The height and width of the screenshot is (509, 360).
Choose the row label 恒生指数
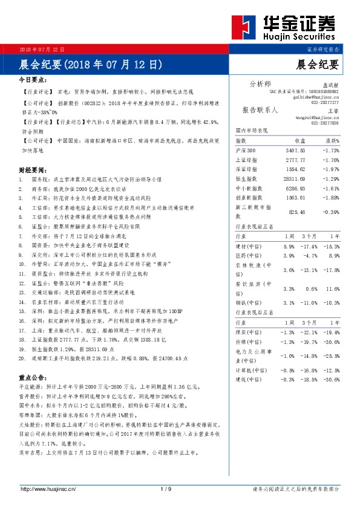point(246,179)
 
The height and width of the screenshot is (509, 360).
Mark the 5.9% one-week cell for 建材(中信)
point(289,247)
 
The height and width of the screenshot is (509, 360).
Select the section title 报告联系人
point(260,110)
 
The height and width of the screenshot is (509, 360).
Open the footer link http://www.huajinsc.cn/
point(47,488)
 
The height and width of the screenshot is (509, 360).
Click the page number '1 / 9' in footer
point(166,488)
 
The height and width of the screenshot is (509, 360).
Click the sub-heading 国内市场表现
point(251,130)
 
